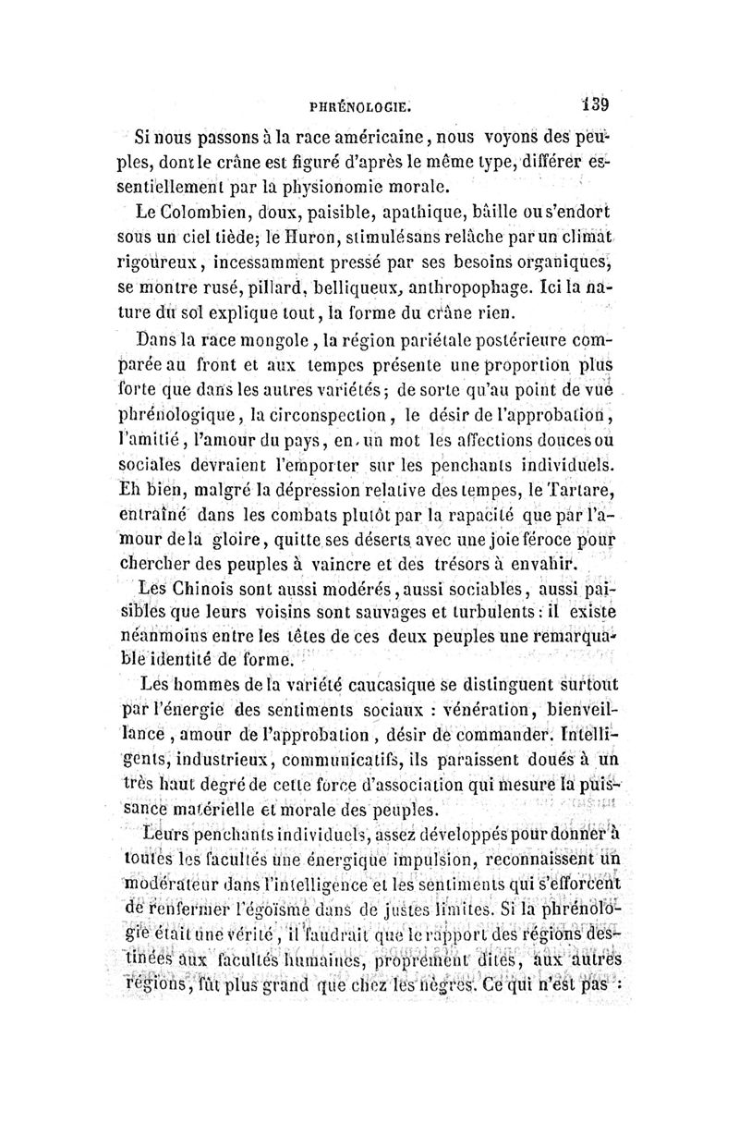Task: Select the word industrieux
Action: click(x=220, y=761)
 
